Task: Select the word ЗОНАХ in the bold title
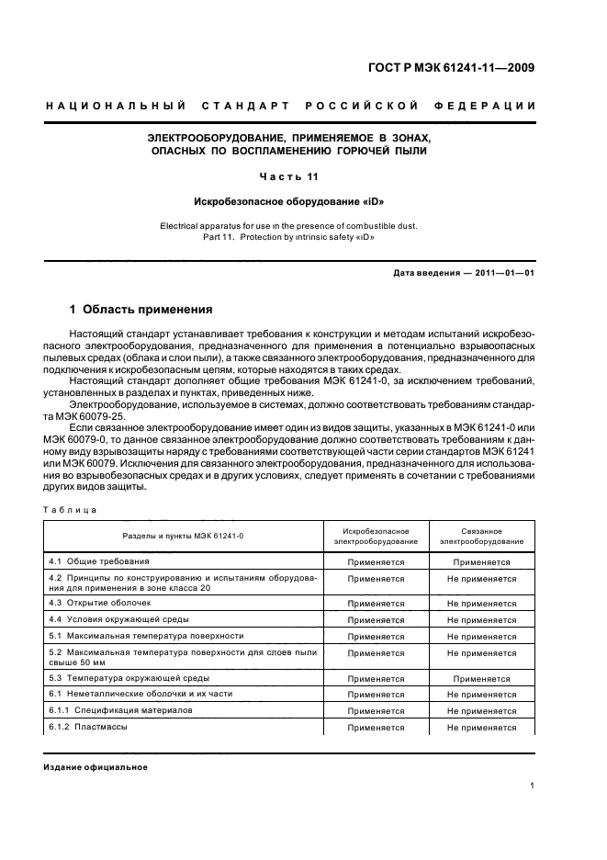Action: coord(405,137)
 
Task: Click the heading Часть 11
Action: coord(289,175)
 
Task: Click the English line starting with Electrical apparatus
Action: coord(289,224)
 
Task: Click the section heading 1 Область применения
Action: coord(141,309)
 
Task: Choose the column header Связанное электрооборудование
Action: coord(481,536)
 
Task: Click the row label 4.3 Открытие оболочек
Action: coord(98,603)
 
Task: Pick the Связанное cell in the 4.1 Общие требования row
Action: coord(481,560)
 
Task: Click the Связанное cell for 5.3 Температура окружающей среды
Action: coord(481,678)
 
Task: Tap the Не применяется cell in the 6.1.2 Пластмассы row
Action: coord(481,728)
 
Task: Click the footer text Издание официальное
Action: coord(96,767)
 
